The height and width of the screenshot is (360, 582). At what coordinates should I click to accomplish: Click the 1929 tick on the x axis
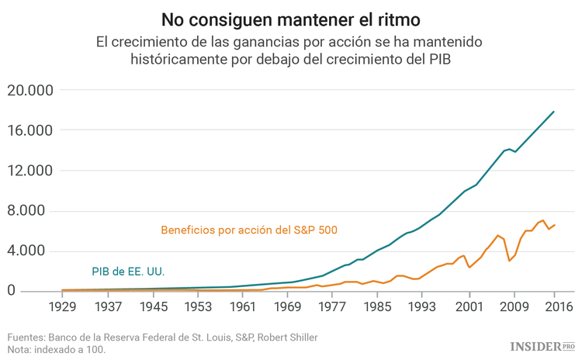coord(61,306)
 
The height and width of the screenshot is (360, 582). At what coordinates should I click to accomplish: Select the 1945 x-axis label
coord(152,306)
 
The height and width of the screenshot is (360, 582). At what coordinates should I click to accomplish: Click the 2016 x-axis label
coord(555,306)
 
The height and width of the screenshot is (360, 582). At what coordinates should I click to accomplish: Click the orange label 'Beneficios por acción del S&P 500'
coord(249,230)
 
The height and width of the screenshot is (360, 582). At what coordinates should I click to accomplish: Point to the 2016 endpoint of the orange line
coord(555,225)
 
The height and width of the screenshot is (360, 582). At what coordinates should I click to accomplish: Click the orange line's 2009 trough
coord(509,261)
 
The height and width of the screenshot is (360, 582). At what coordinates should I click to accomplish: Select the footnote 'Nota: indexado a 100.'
coord(57,349)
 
